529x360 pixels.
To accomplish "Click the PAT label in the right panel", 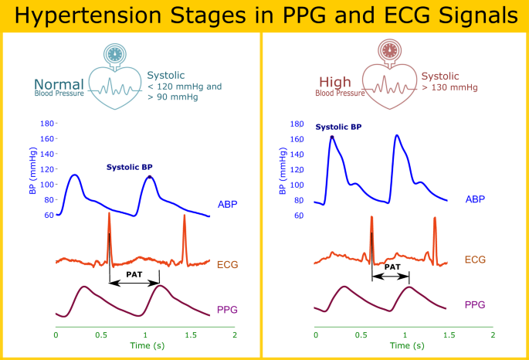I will [x=392, y=267].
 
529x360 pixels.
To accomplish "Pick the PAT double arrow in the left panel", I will [x=134, y=284].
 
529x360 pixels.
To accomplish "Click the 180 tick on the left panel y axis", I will [x=47, y=124].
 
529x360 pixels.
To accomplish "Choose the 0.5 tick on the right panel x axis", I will [x=360, y=336].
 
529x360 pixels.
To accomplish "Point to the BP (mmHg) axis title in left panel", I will [x=32, y=170].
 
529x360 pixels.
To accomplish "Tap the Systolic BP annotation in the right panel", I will [x=338, y=126].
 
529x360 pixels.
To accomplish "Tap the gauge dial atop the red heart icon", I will [x=388, y=50].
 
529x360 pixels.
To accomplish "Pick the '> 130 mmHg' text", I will [x=451, y=88].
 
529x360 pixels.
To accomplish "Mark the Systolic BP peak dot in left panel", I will [x=150, y=177].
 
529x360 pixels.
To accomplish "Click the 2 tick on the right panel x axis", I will [x=493, y=336].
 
